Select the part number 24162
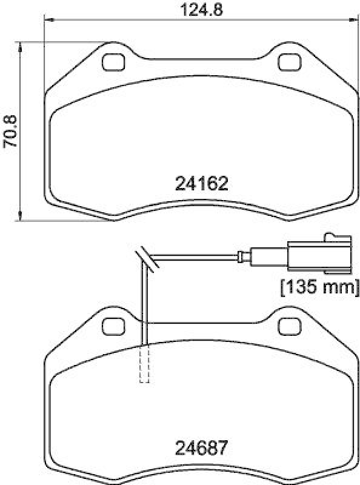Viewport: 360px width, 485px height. (201, 183)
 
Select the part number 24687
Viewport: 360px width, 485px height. (201, 449)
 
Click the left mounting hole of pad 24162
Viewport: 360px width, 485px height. (113, 62)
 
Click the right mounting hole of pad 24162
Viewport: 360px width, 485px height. (289, 62)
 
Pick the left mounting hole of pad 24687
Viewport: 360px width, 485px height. (113, 326)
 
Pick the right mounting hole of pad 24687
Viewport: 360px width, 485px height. (289, 326)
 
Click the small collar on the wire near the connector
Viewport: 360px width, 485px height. (244, 257)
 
